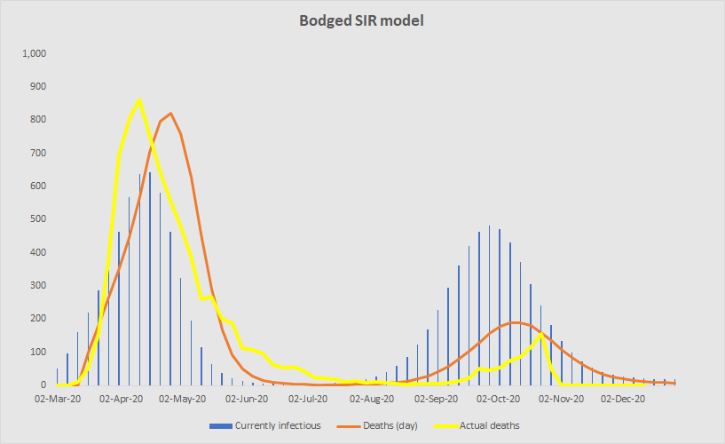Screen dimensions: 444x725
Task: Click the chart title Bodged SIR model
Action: pyautogui.click(x=362, y=20)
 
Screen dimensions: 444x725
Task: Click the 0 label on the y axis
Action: pyautogui.click(x=42, y=385)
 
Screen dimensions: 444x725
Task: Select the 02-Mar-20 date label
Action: pyautogui.click(x=60, y=400)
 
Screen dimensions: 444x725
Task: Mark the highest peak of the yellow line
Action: pyautogui.click(x=139, y=99)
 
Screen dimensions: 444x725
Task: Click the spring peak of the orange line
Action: pyautogui.click(x=170, y=114)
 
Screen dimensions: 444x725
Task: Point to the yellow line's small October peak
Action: pyautogui.click(x=541, y=335)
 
